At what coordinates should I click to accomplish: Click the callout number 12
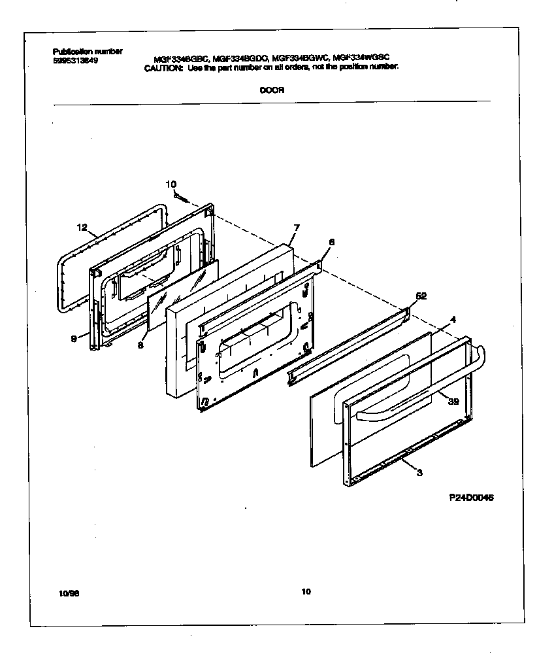tap(82, 228)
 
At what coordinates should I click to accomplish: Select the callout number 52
tap(421, 296)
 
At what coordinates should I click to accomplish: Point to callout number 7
tap(296, 228)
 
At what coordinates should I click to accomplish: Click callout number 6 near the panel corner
tap(331, 242)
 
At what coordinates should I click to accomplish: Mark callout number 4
tap(452, 320)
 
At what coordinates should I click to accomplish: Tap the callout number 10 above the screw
tap(171, 184)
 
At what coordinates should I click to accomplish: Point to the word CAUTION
tap(164, 67)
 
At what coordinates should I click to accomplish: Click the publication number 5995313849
tap(74, 60)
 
